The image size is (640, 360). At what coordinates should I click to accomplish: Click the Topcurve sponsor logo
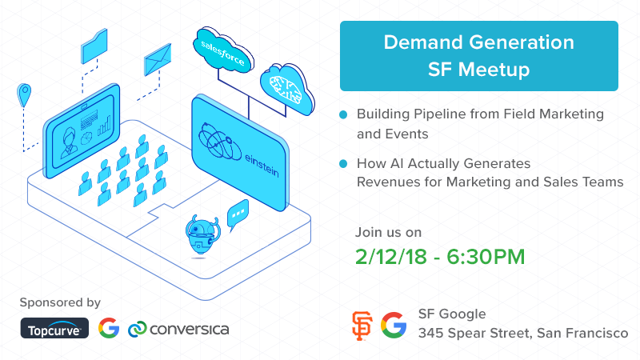point(54,328)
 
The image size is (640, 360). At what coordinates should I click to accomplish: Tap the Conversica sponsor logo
point(178,329)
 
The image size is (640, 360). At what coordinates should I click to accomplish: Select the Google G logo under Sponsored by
point(109,328)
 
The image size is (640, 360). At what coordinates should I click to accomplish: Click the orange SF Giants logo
point(362,326)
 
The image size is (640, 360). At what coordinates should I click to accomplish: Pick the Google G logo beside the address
point(394,326)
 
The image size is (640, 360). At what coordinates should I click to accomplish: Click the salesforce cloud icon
point(223,50)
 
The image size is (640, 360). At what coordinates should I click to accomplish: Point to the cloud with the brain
point(287,89)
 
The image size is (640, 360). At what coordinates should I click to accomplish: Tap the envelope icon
point(158,59)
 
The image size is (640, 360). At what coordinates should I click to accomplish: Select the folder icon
point(94,46)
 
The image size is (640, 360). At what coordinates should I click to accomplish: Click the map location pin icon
point(24,94)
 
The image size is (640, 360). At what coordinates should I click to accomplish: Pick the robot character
point(202,237)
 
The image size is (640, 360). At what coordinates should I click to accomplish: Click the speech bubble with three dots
point(238,214)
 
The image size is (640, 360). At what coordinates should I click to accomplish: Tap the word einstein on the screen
point(262,166)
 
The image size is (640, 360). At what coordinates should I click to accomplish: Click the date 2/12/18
point(391,257)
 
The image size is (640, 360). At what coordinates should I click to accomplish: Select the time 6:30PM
point(486,257)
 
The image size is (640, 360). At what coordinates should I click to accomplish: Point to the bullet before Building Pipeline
point(343,114)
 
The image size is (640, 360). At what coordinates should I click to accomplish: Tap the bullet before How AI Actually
point(343,164)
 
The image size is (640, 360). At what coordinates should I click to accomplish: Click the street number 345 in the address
point(430,333)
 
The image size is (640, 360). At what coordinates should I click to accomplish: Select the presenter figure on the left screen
point(69,142)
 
